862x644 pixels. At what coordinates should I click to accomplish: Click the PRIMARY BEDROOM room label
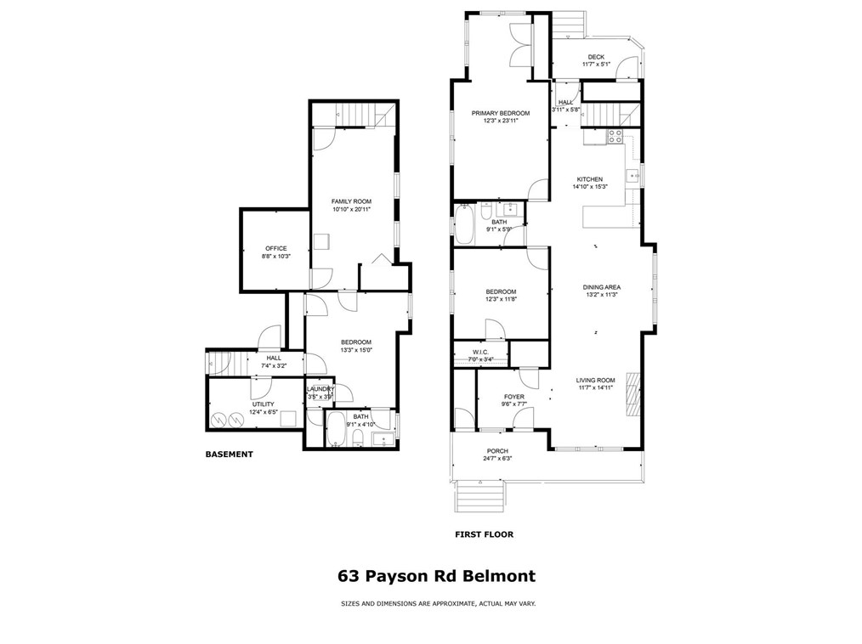coord(501,113)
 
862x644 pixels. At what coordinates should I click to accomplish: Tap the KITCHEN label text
coord(590,179)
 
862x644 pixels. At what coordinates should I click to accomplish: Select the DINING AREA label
coord(601,287)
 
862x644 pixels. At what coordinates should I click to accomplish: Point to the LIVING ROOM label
coord(595,381)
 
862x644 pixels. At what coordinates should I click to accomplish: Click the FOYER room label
coord(514,397)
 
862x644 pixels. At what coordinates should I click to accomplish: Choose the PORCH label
coord(497,451)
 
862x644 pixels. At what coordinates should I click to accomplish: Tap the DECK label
coord(596,57)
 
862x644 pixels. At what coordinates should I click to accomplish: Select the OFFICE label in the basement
coord(275,248)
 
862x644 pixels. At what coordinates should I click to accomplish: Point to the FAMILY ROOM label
coord(351,201)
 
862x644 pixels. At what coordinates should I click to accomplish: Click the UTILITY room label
coord(262,404)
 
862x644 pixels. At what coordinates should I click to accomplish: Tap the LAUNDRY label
coord(320,389)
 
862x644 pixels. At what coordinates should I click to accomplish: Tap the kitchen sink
coord(633,176)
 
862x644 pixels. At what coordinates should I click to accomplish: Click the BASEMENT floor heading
coord(230,455)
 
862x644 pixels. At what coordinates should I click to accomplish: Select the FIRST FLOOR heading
coord(485,535)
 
